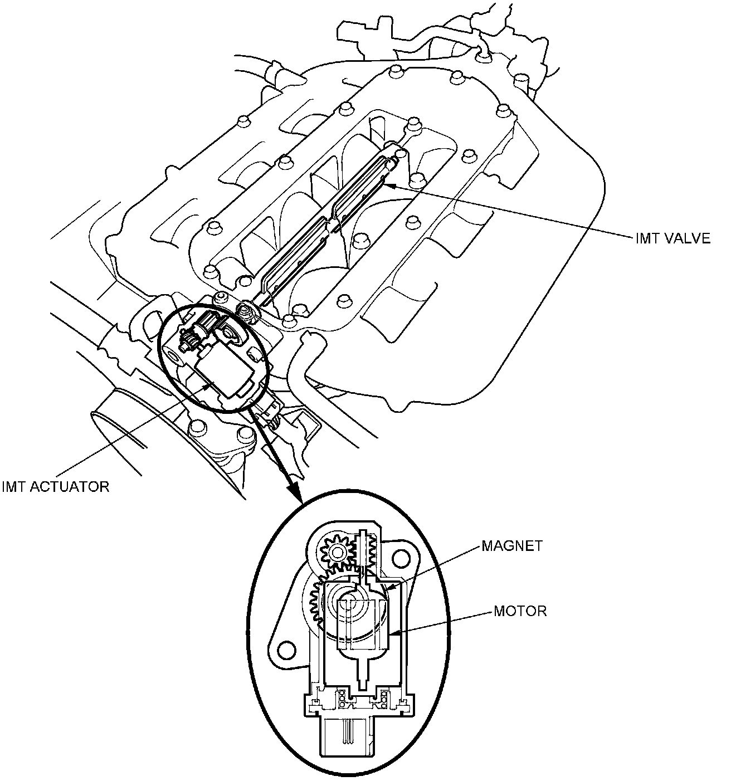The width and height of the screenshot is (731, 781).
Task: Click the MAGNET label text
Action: point(511,546)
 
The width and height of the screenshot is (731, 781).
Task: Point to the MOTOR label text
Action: point(520,611)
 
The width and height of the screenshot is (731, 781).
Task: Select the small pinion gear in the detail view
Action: point(337,552)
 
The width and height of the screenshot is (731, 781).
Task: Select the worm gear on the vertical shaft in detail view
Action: point(367,551)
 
